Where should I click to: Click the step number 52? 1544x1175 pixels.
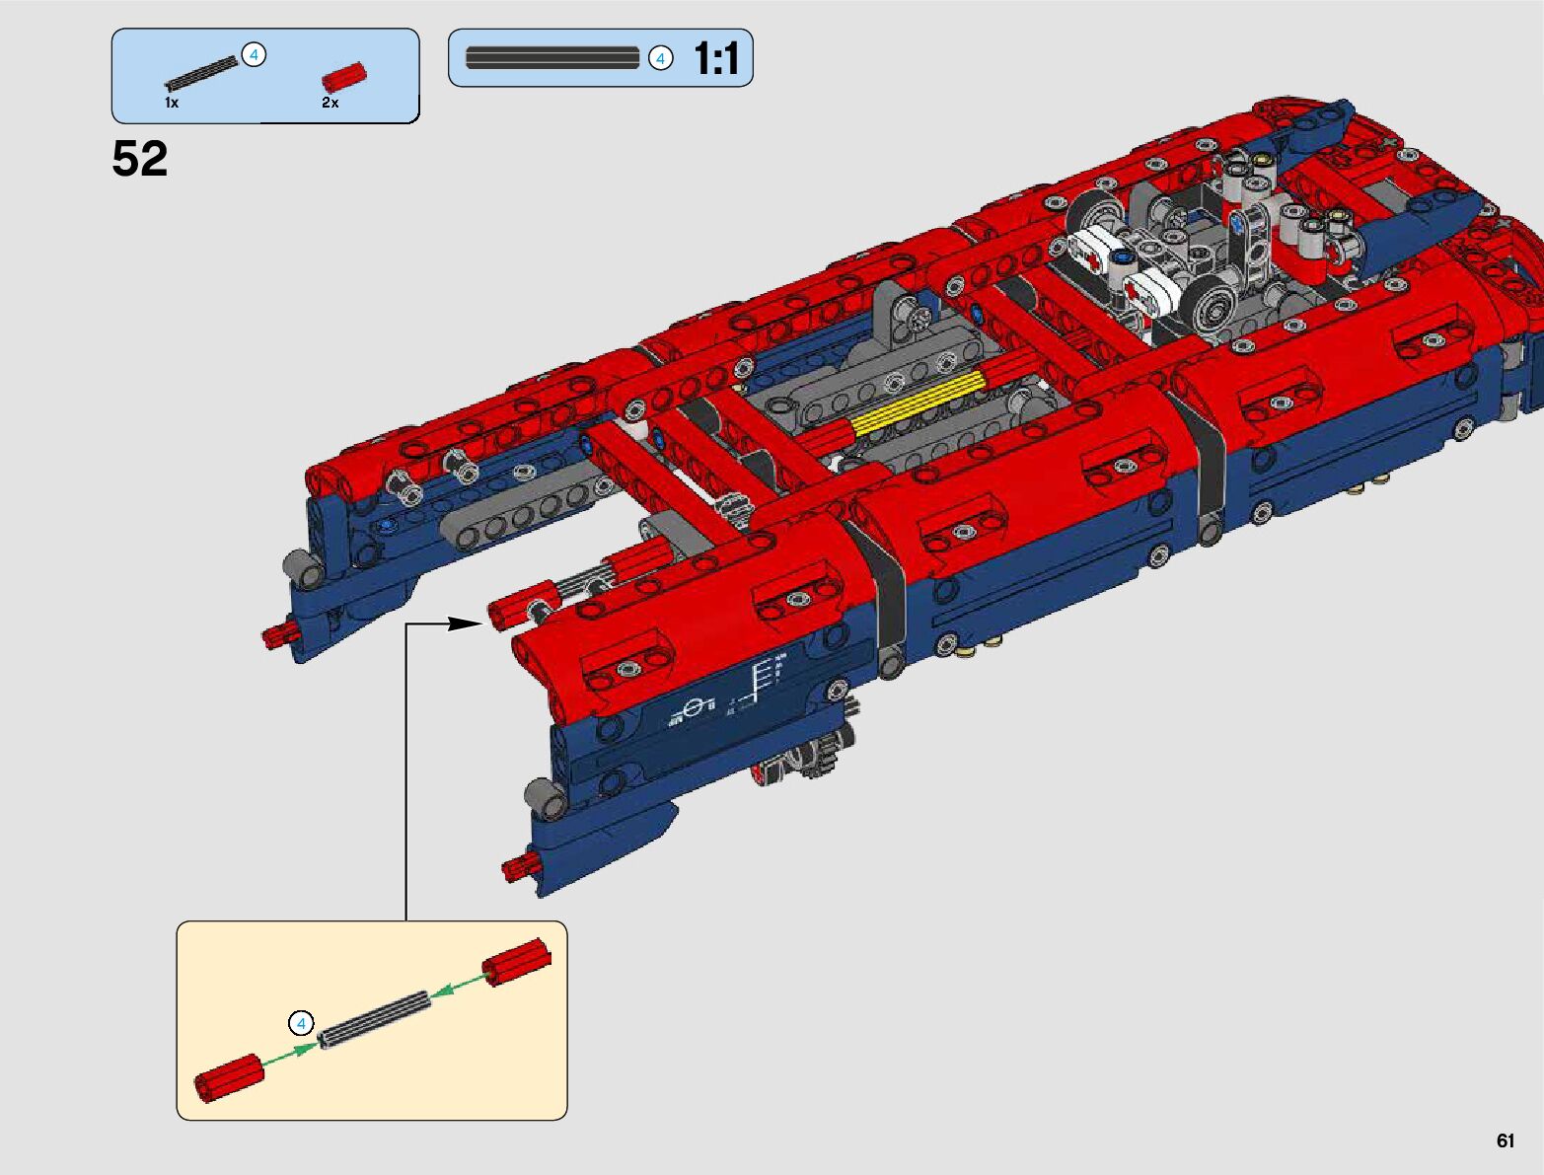click(139, 158)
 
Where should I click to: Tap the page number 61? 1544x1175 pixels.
click(1505, 1139)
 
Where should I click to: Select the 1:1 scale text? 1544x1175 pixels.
click(716, 57)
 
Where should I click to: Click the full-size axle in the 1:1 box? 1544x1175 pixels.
click(552, 57)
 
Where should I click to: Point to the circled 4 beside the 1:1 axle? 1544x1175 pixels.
click(660, 59)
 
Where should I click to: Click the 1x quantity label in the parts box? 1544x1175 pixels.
click(172, 103)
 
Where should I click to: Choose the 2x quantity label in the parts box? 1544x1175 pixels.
click(330, 103)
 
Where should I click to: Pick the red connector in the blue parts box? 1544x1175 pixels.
click(344, 76)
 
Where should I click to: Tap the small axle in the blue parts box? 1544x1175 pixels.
click(202, 72)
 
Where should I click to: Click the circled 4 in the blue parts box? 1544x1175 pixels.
click(254, 54)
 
